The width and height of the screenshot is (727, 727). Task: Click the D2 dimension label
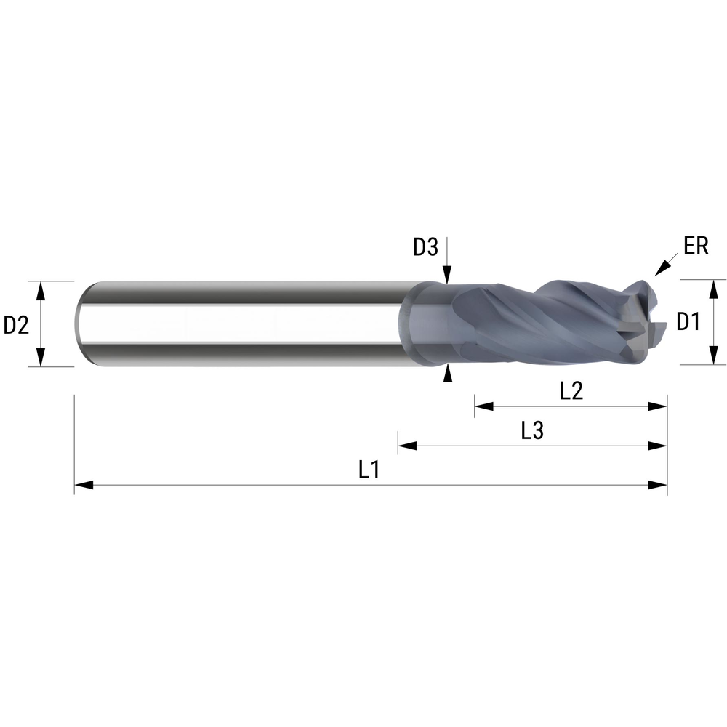coord(16,325)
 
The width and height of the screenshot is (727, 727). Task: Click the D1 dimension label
coord(688,321)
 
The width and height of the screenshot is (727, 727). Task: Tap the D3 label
coord(425,248)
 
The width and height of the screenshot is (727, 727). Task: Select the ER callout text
coord(696,246)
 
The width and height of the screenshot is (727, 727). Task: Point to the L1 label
coord(369,470)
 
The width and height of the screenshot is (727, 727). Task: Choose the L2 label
coord(571,391)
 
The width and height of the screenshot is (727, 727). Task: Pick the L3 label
coord(532,431)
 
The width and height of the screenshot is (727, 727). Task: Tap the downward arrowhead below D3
coord(448,276)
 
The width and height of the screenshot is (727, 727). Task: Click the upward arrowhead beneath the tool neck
coord(448,374)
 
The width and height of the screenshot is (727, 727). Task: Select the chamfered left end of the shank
coord(82,324)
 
